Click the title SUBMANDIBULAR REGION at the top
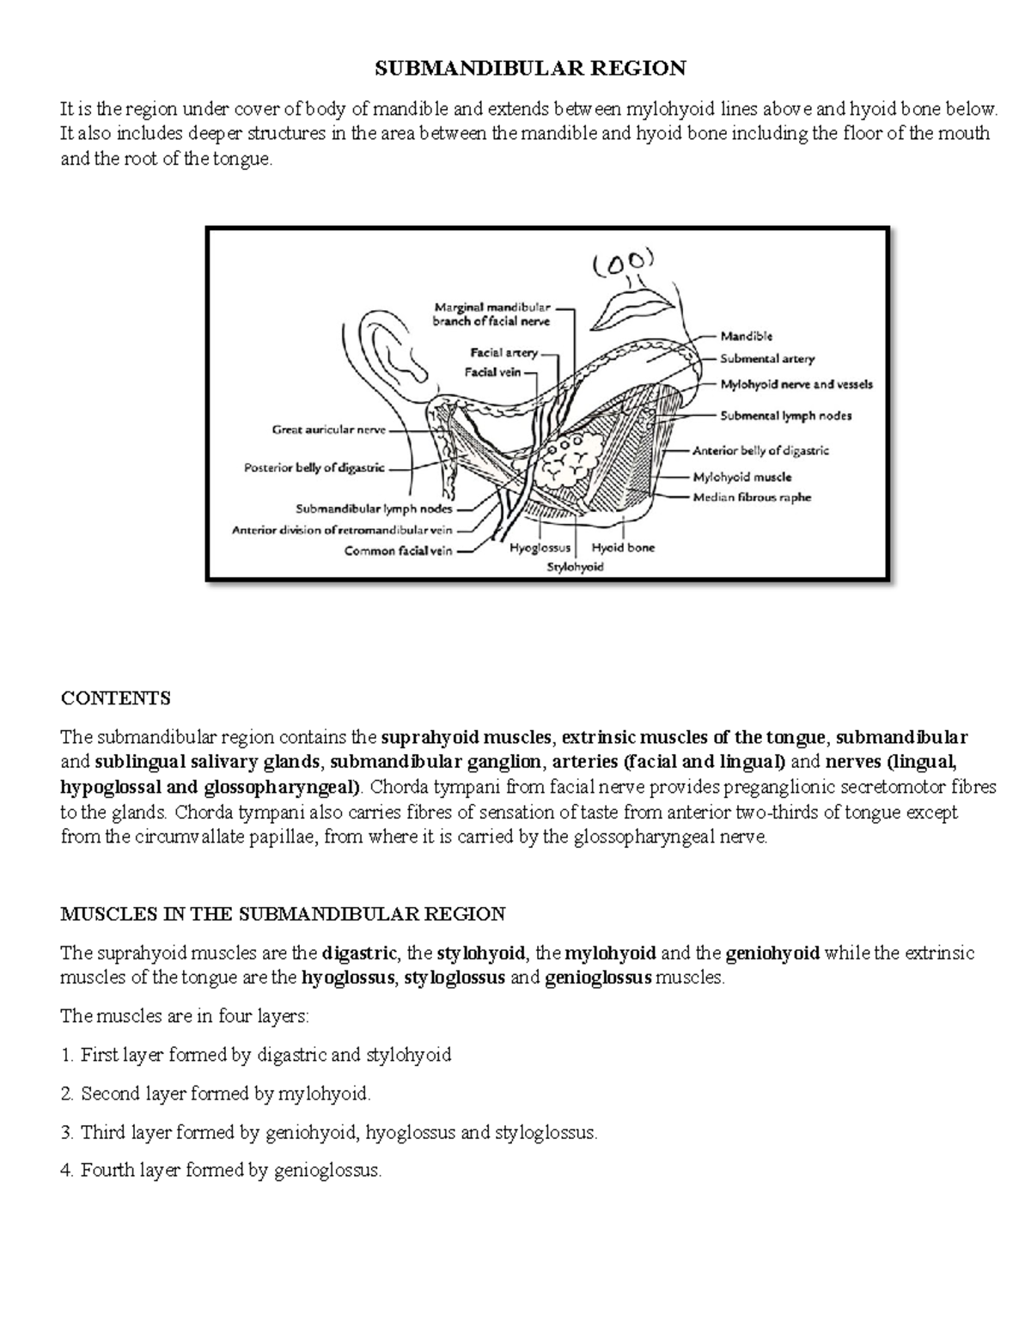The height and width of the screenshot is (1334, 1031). [528, 68]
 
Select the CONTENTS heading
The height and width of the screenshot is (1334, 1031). [115, 697]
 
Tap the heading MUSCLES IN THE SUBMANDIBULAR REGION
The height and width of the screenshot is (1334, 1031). [283, 913]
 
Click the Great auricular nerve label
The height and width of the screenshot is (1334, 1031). [329, 430]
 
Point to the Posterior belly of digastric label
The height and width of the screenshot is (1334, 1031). [314, 468]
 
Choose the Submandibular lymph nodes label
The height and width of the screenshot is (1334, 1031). [374, 509]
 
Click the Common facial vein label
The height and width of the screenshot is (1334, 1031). [398, 551]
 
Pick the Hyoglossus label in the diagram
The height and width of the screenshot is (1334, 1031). [540, 547]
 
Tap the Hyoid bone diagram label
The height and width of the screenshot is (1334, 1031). [623, 547]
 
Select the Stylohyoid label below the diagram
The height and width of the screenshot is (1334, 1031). [576, 567]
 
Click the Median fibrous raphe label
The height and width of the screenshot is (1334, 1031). [752, 497]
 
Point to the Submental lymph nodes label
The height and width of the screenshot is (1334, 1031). [785, 416]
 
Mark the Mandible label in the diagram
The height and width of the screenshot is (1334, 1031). [746, 337]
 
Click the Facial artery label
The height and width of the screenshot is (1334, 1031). [503, 352]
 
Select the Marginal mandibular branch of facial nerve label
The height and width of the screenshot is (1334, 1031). [491, 314]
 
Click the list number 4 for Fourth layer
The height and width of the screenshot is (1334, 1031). [67, 1170]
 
